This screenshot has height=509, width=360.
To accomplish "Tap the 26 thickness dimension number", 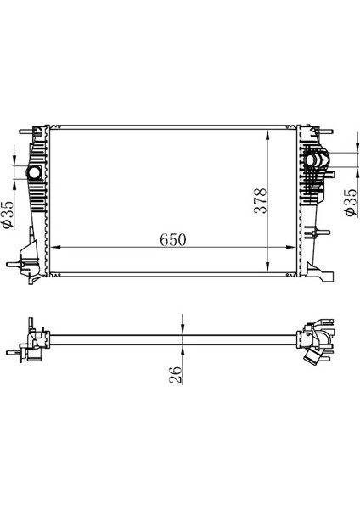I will tap(176, 374).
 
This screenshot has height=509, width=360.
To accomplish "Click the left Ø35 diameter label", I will tap(8, 214).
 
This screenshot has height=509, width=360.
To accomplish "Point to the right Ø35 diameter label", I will tap(349, 203).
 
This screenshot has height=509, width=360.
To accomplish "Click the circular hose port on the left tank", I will tap(35, 173).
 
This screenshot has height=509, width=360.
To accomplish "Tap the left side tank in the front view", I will tap(36, 204).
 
